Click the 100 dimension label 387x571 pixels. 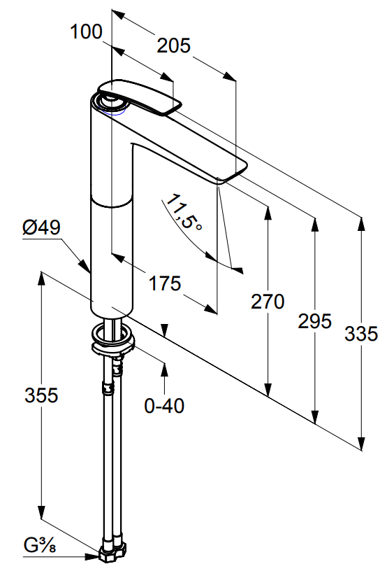(86, 31)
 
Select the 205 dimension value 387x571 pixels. (173, 46)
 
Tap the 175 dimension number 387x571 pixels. (165, 283)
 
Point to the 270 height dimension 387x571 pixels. (268, 302)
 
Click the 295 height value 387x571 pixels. (314, 321)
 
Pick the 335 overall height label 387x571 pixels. (361, 334)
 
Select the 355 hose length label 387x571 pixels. (41, 395)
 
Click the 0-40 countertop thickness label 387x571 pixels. (164, 406)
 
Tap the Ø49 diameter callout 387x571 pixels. (41, 228)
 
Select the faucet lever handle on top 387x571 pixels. (139, 97)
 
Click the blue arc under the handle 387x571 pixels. (112, 113)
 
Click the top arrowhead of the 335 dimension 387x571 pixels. (361, 224)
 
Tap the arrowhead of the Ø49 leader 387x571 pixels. (85, 267)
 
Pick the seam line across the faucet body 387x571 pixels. (112, 204)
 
